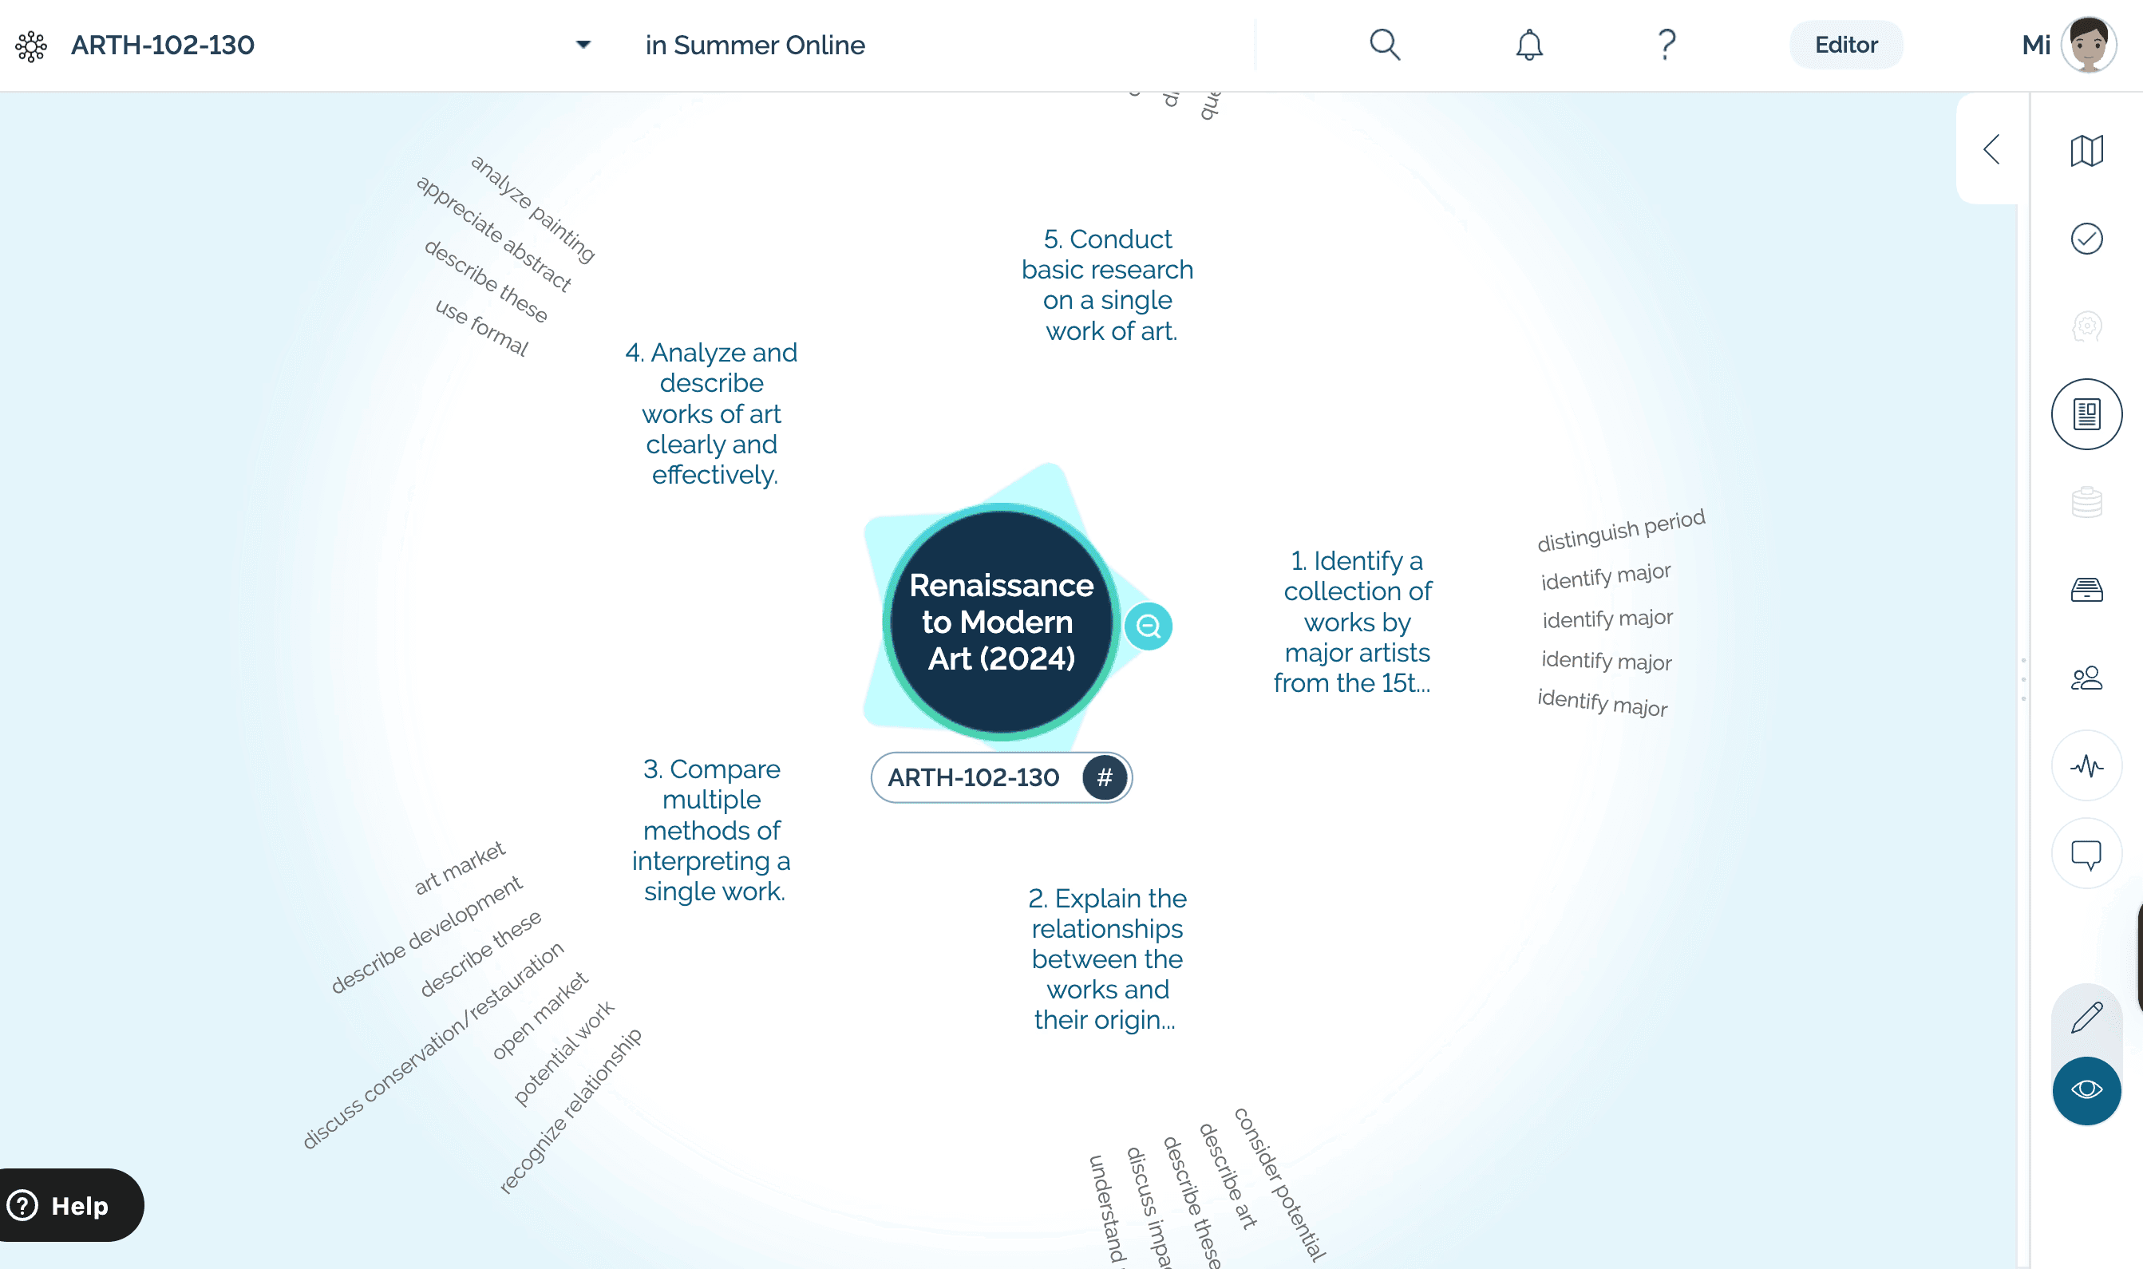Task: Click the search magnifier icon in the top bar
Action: [1384, 45]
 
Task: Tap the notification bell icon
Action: [1529, 45]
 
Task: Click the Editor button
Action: [1845, 45]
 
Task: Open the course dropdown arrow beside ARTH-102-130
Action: [583, 45]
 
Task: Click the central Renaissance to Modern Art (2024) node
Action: [1001, 622]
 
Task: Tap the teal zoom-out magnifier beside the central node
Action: [1148, 627]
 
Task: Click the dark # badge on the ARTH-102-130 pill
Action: [1104, 777]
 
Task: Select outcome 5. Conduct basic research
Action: [1109, 285]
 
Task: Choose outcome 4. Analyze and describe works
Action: [711, 414]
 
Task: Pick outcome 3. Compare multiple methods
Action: [711, 829]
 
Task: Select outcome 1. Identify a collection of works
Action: [1355, 622]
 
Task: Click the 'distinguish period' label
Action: [1620, 530]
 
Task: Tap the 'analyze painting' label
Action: [532, 208]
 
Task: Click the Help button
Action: [69, 1205]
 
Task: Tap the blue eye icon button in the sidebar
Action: [2086, 1089]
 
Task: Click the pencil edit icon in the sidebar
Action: [2086, 1018]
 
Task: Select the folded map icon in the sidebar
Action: [2086, 151]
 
